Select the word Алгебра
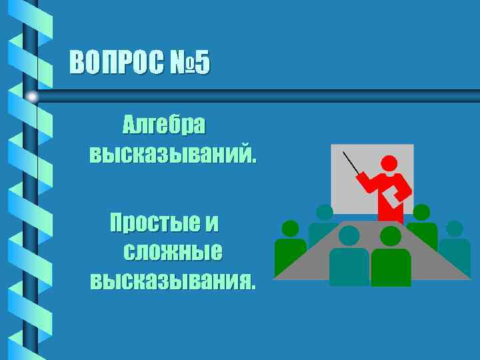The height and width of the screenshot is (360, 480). coord(164,125)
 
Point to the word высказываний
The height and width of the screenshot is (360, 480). coord(173,155)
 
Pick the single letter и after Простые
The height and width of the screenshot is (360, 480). coord(211,222)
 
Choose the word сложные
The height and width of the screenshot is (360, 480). coord(173,253)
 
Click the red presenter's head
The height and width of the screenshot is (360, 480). coord(389,163)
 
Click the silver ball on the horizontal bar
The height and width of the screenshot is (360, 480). coord(31,97)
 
